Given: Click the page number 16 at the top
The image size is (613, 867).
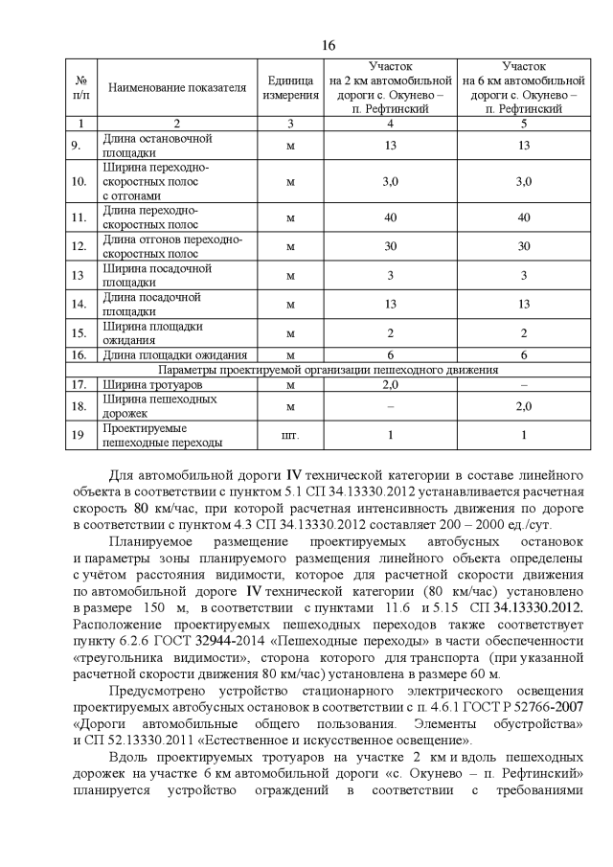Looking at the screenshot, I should [x=329, y=44].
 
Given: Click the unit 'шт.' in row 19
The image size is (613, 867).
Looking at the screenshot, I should [x=290, y=436].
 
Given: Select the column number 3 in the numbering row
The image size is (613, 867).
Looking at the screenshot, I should [x=290, y=124].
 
